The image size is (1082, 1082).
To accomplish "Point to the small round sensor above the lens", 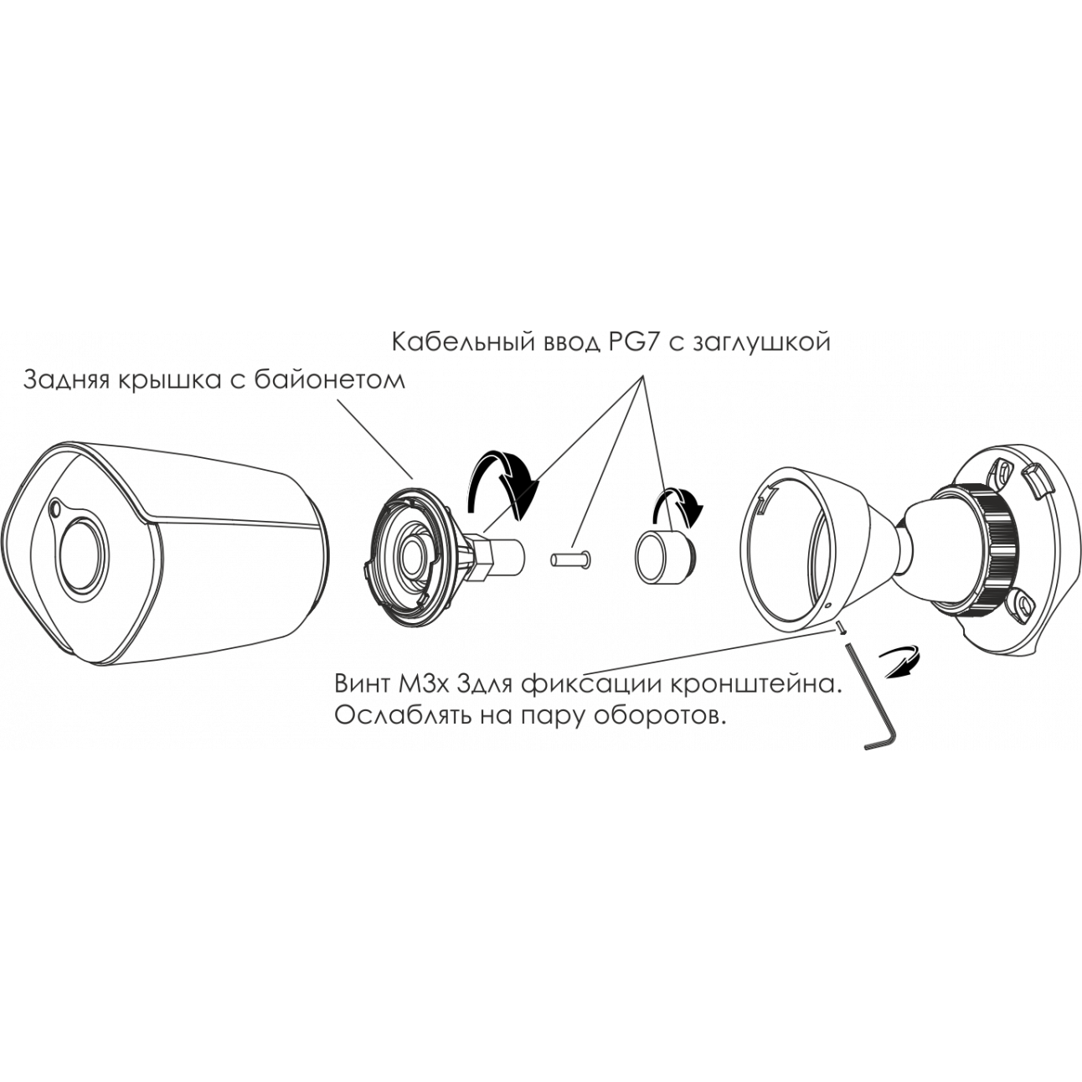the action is [56, 508].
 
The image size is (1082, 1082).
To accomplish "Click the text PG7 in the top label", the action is [633, 343].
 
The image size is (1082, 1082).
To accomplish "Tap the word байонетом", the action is [329, 381].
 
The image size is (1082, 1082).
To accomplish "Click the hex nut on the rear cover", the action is [482, 557].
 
